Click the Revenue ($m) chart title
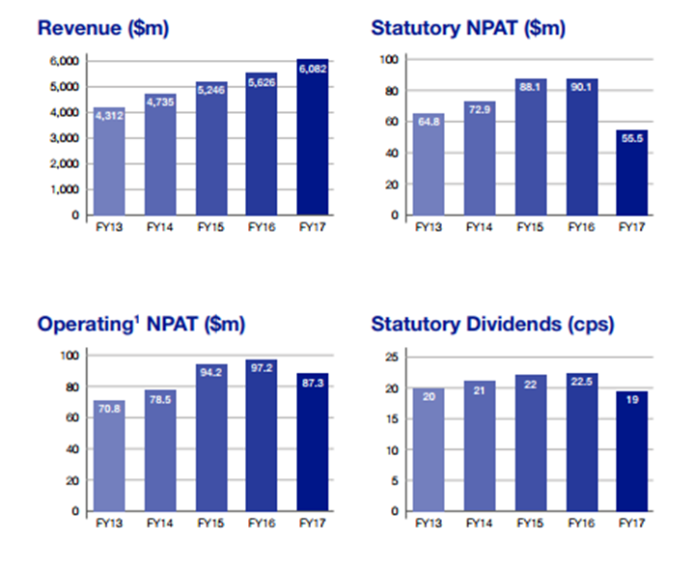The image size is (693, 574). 103,28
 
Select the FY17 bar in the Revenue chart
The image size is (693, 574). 313,137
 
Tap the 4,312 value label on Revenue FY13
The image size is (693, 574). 109,116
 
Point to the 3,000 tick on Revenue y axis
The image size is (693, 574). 65,138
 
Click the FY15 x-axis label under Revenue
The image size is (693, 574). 210,227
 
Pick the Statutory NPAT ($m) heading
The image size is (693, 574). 468,28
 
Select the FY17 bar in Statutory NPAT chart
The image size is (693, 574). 632,173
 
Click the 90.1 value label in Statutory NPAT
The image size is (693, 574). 581,87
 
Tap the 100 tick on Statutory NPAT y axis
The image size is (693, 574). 389,59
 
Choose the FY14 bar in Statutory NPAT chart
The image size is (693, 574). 480,158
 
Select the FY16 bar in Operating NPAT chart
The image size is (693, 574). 262,436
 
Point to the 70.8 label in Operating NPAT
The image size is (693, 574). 109,409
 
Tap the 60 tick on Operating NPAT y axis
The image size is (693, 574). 72,417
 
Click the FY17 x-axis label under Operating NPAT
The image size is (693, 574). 313,523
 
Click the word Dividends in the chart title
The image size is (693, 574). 513,324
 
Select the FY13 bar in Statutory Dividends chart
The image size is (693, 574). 429,449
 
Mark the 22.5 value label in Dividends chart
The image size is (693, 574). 582,382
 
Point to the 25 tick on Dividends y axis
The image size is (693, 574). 392,357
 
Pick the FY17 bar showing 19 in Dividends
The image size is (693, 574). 632,451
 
